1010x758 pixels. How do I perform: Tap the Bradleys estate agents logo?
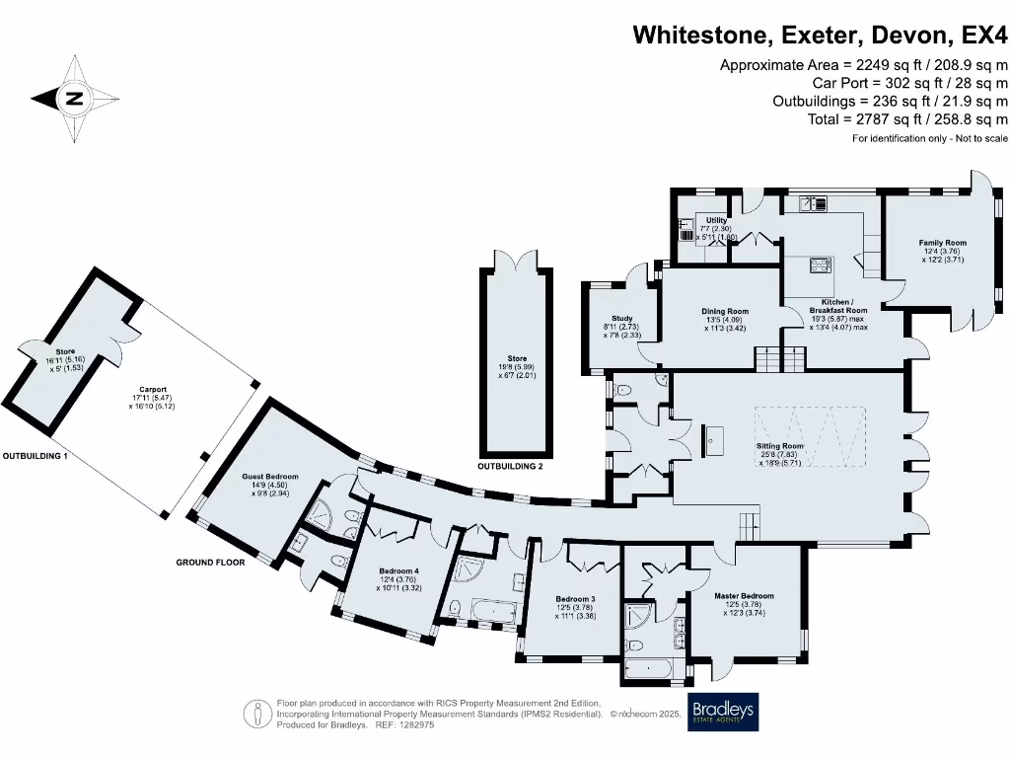point(722,713)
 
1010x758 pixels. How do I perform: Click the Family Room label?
point(942,243)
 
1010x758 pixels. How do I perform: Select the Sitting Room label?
point(779,446)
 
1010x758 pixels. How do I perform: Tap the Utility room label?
point(716,220)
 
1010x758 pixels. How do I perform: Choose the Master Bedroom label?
point(745,596)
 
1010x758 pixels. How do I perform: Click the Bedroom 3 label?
point(575,599)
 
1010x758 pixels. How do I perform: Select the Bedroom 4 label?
point(399,571)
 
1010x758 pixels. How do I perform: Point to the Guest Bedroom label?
point(270,478)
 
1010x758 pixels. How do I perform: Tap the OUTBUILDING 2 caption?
point(510,466)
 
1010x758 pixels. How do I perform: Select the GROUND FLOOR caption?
point(210,562)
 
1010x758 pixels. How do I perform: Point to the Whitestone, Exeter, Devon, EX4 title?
point(821,36)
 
